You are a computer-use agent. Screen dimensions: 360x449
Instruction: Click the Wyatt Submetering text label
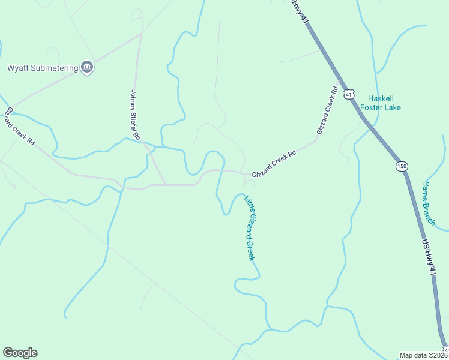point(43,68)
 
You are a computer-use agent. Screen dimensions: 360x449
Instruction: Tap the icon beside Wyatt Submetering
point(88,67)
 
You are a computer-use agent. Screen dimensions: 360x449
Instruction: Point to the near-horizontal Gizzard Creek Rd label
point(274,163)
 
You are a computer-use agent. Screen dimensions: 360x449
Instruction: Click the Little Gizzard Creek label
point(250,228)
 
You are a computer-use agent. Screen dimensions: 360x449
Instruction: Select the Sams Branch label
point(429,203)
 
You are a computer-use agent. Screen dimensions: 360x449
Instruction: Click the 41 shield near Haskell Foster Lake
point(349,94)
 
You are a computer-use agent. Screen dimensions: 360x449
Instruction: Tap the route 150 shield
point(401,166)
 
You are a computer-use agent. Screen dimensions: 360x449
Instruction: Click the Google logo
point(20,352)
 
